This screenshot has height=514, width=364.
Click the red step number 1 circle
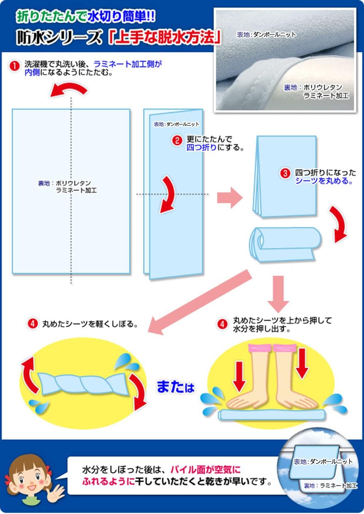[15, 66]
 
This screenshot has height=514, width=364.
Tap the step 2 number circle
[177, 140]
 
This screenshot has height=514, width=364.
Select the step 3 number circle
[285, 173]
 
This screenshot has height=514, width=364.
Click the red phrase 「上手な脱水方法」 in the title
[165, 37]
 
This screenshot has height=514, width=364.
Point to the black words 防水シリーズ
[59, 37]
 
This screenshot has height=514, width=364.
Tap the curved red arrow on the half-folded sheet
[168, 195]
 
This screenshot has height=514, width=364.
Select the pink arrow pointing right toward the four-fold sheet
[230, 198]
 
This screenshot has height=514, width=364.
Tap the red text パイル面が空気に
[205, 469]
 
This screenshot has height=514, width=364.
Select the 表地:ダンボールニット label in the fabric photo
[266, 35]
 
